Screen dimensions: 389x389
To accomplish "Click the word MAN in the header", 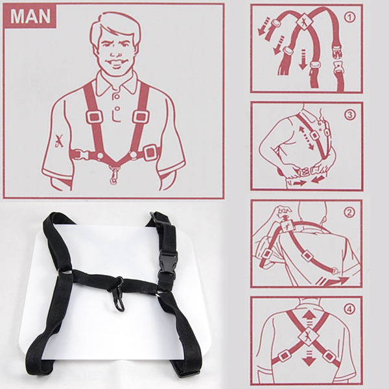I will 30,16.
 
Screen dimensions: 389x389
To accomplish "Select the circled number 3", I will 351,115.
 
